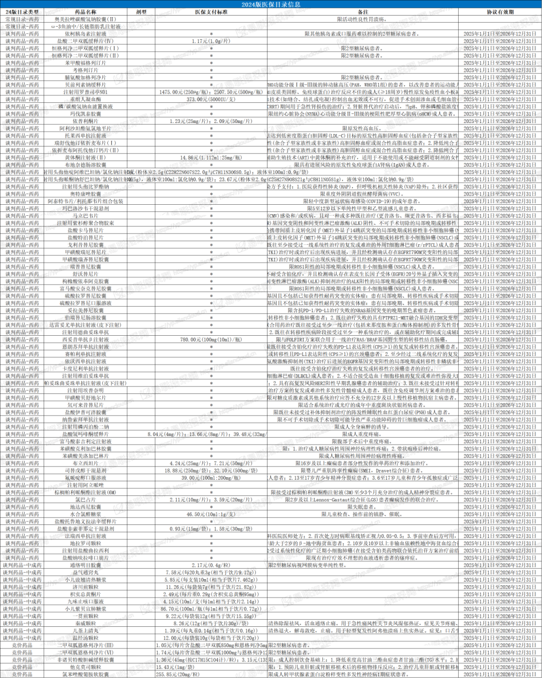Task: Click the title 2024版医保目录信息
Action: [271, 5]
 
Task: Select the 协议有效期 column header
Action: [500, 12]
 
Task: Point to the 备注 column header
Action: [362, 12]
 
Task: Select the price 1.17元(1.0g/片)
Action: [211, 41]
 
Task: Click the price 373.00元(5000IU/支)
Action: [211, 99]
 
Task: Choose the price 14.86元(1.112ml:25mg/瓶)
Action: [211, 158]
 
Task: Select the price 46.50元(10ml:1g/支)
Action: [211, 514]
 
